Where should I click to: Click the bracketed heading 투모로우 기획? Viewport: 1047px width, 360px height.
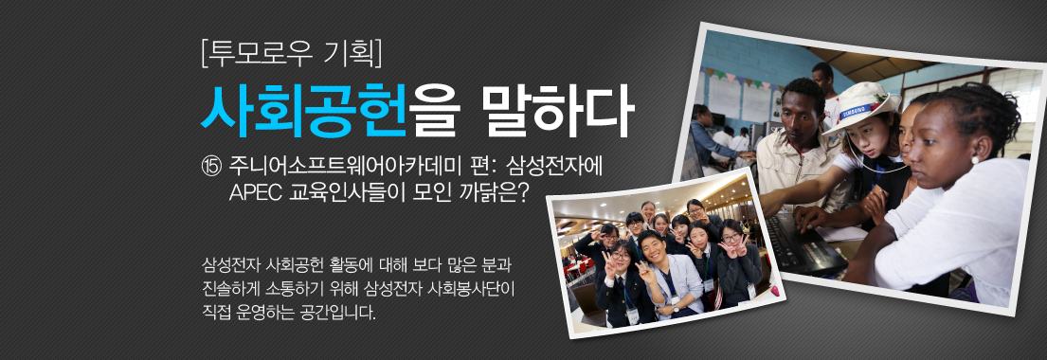(x=292, y=54)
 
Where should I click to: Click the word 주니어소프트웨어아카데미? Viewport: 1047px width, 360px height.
(x=353, y=165)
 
